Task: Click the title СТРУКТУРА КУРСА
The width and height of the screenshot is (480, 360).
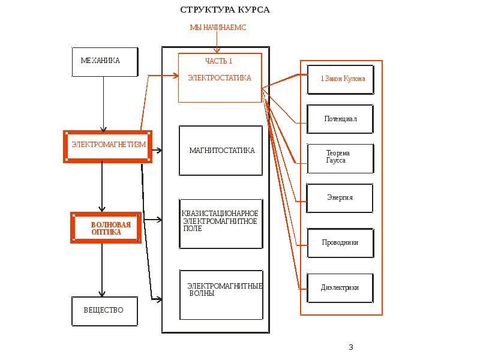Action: (x=225, y=10)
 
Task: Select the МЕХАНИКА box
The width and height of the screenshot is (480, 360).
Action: (x=104, y=62)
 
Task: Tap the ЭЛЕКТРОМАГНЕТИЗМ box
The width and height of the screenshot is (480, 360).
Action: (x=107, y=146)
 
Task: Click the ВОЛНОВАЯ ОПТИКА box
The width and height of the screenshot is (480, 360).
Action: (x=106, y=227)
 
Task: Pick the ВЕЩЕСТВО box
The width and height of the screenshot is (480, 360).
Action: (x=104, y=311)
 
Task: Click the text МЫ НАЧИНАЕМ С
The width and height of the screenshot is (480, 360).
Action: (x=218, y=28)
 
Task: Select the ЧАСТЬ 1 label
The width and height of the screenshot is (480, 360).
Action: (x=218, y=61)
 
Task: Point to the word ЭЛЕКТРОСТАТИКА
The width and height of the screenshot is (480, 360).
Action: (x=220, y=78)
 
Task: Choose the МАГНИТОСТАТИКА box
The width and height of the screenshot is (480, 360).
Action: (x=221, y=151)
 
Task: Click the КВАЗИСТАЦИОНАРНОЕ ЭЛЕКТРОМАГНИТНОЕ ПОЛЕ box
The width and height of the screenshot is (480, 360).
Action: (x=221, y=224)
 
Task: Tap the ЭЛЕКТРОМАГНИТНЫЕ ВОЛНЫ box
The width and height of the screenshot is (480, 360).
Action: (x=221, y=295)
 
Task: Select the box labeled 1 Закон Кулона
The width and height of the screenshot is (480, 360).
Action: (x=340, y=80)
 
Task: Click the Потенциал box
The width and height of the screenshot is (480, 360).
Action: (x=340, y=119)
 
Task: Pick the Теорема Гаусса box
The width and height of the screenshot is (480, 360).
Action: (x=340, y=158)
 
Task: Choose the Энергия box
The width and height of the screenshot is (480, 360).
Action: (x=340, y=198)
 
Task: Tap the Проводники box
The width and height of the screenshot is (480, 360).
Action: (x=340, y=243)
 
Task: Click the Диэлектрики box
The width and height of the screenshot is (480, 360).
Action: (x=340, y=288)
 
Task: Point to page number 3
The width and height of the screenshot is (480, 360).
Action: (x=351, y=347)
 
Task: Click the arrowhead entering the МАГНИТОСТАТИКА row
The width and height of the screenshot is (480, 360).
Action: (x=158, y=151)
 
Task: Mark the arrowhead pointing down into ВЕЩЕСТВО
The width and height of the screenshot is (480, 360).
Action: (x=102, y=294)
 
